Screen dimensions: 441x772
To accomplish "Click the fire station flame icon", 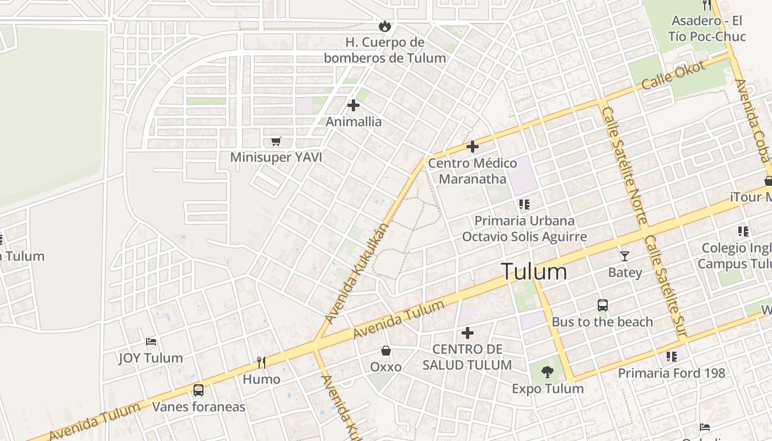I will (x=384, y=26).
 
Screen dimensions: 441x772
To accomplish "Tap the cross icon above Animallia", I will (x=353, y=105).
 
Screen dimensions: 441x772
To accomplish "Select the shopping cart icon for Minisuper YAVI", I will (x=276, y=142).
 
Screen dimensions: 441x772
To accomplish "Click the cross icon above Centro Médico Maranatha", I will (x=472, y=147).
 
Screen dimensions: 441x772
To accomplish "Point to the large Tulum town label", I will (x=534, y=272).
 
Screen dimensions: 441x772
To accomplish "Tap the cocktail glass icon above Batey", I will (x=624, y=256).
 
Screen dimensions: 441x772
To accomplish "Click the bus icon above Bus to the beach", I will (x=603, y=305).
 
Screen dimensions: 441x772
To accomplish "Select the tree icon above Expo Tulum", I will (x=547, y=372).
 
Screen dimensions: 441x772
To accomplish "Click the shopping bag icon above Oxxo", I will (x=386, y=351).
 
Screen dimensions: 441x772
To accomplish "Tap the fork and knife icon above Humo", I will (x=261, y=363).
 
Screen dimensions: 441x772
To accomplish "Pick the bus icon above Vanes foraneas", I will (x=198, y=390).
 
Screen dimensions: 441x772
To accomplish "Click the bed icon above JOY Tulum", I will (x=151, y=342).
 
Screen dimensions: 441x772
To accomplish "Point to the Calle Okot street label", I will (x=674, y=76).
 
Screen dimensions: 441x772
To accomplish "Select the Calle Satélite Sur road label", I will (x=666, y=287).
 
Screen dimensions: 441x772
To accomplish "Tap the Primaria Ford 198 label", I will (x=671, y=373).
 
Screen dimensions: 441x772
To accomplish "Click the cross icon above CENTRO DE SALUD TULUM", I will (x=468, y=333).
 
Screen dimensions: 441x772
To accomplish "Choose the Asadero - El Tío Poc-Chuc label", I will (x=707, y=29).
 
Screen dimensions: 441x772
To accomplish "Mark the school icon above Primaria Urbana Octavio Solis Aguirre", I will (x=524, y=205).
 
